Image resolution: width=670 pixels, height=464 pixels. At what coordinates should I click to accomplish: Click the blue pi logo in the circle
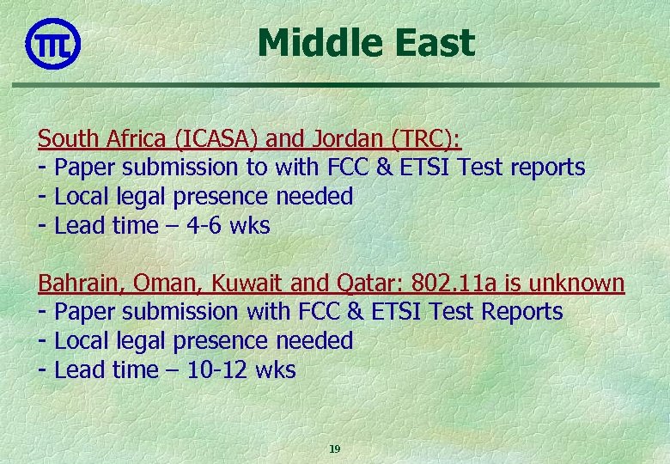point(53,42)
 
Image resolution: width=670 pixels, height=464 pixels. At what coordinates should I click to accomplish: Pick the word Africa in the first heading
point(129,138)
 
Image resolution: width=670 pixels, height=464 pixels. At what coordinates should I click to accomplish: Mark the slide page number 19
point(335,449)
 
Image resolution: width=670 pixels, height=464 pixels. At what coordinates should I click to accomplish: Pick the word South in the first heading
point(65,138)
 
